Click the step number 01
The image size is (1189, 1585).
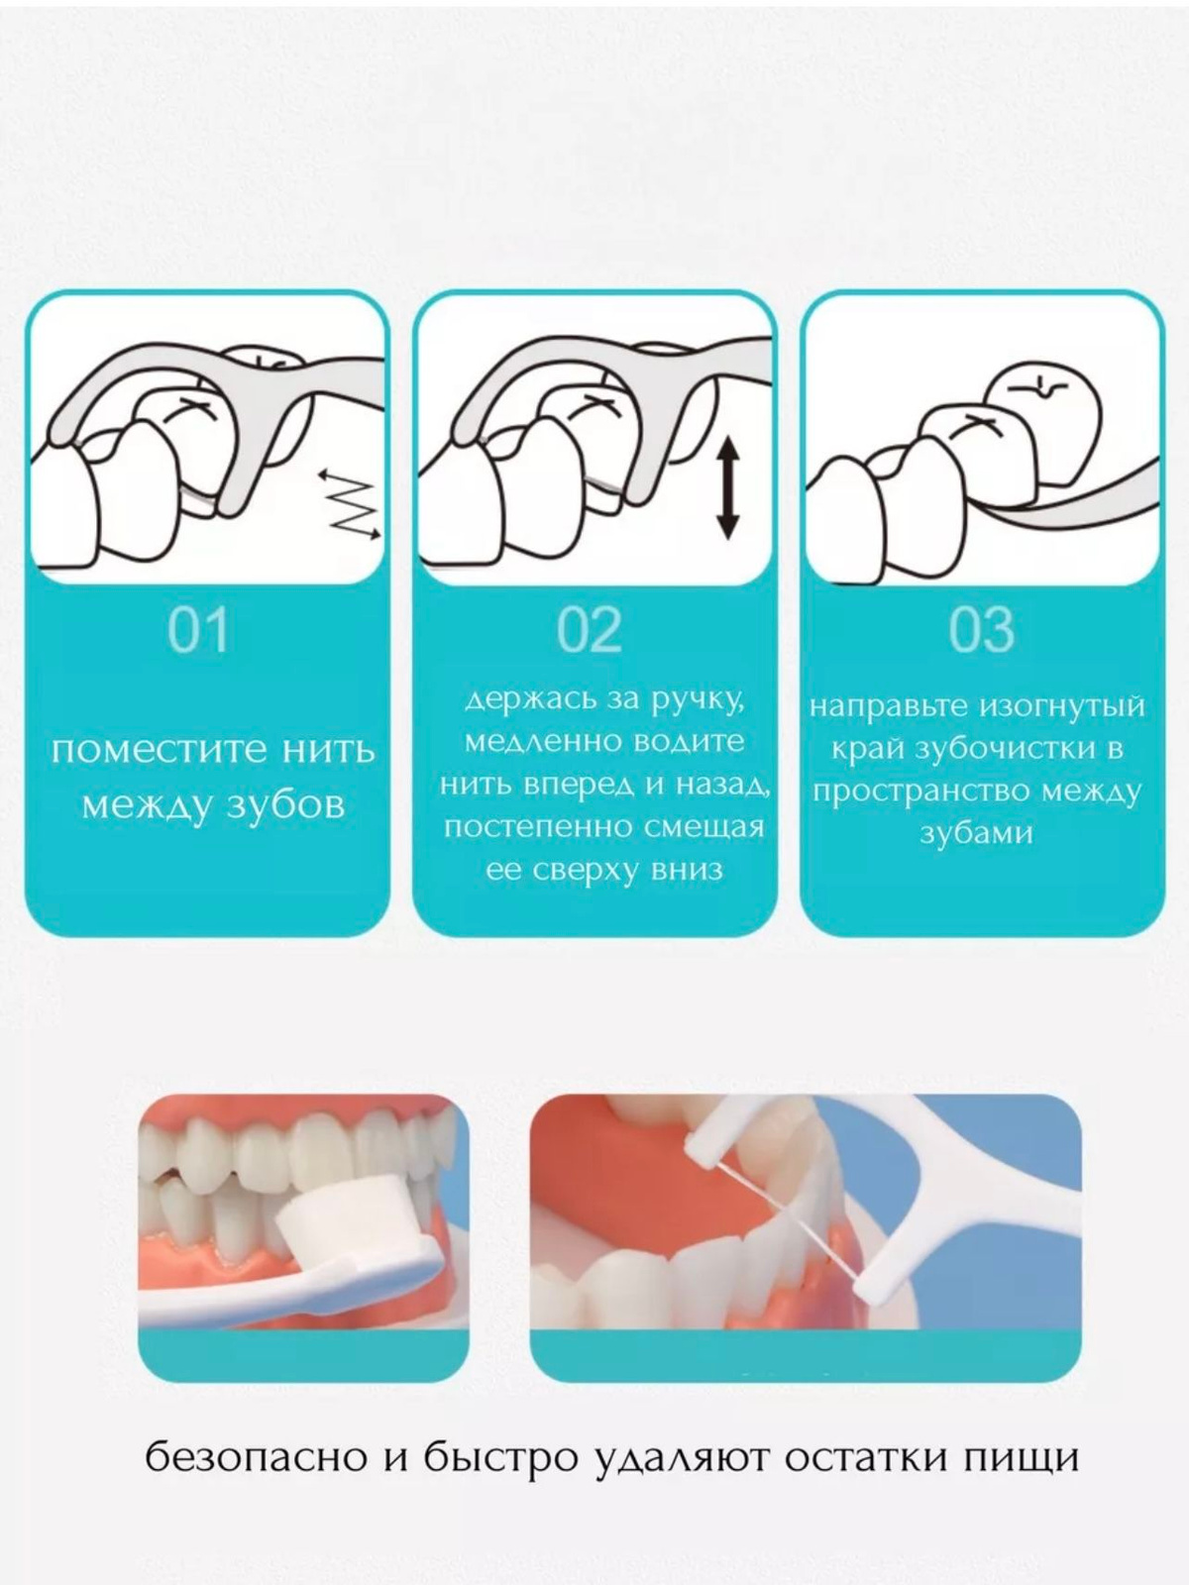(198, 630)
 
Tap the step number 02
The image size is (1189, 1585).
(590, 630)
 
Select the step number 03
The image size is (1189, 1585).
(981, 630)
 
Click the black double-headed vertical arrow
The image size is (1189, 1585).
(727, 488)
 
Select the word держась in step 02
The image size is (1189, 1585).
(531, 699)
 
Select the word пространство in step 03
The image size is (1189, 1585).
(922, 792)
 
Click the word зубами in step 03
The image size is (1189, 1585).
(976, 833)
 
